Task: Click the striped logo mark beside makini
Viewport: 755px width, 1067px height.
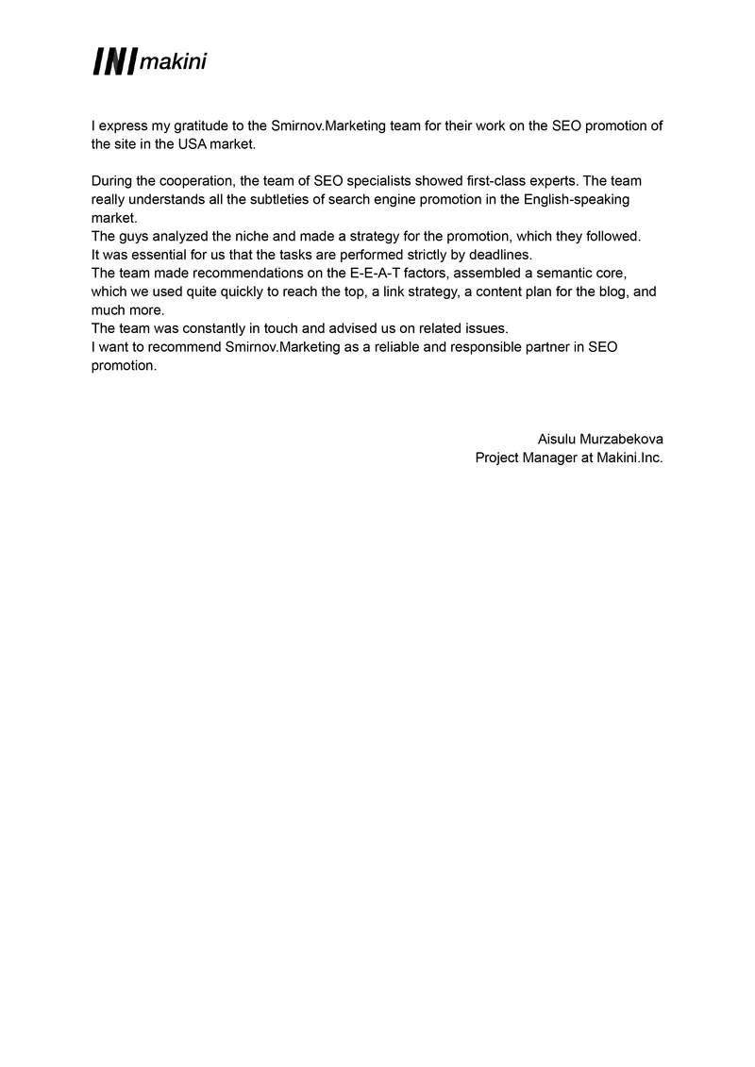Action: coord(113,61)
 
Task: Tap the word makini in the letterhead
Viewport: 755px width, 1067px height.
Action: coord(173,63)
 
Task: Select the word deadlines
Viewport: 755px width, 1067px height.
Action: coord(502,255)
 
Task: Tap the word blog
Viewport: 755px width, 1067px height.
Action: coord(617,292)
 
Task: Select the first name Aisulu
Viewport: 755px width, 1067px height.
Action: coord(558,440)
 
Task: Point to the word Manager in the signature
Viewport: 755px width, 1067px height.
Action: coord(549,458)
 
